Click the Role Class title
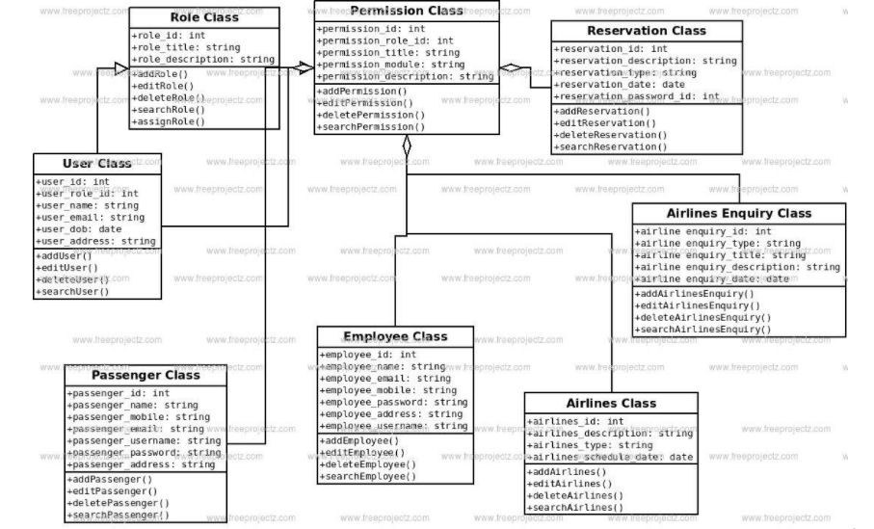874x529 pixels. [203, 17]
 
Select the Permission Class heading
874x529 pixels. [407, 11]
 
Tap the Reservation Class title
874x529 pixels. [646, 31]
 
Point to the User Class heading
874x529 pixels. [95, 164]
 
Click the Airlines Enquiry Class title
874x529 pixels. [739, 213]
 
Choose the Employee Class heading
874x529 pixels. [395, 336]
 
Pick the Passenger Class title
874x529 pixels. [146, 374]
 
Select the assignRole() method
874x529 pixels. [172, 123]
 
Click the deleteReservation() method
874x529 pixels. [612, 135]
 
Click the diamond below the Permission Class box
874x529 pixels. [407, 146]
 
